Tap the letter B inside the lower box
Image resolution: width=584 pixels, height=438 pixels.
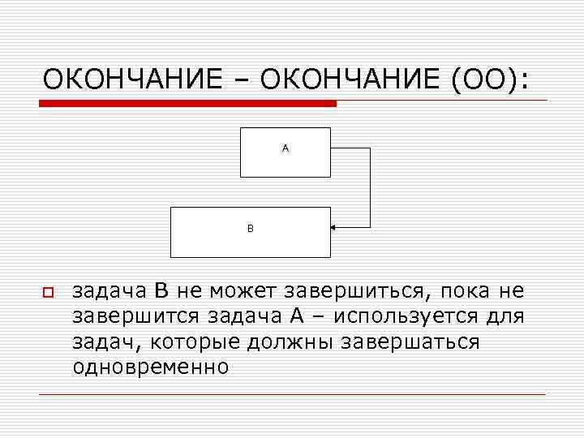click(251, 229)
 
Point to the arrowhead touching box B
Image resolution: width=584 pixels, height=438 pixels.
click(335, 228)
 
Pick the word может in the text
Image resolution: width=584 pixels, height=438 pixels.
click(243, 291)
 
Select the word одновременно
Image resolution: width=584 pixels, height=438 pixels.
click(151, 367)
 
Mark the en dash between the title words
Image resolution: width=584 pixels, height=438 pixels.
click(241, 80)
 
